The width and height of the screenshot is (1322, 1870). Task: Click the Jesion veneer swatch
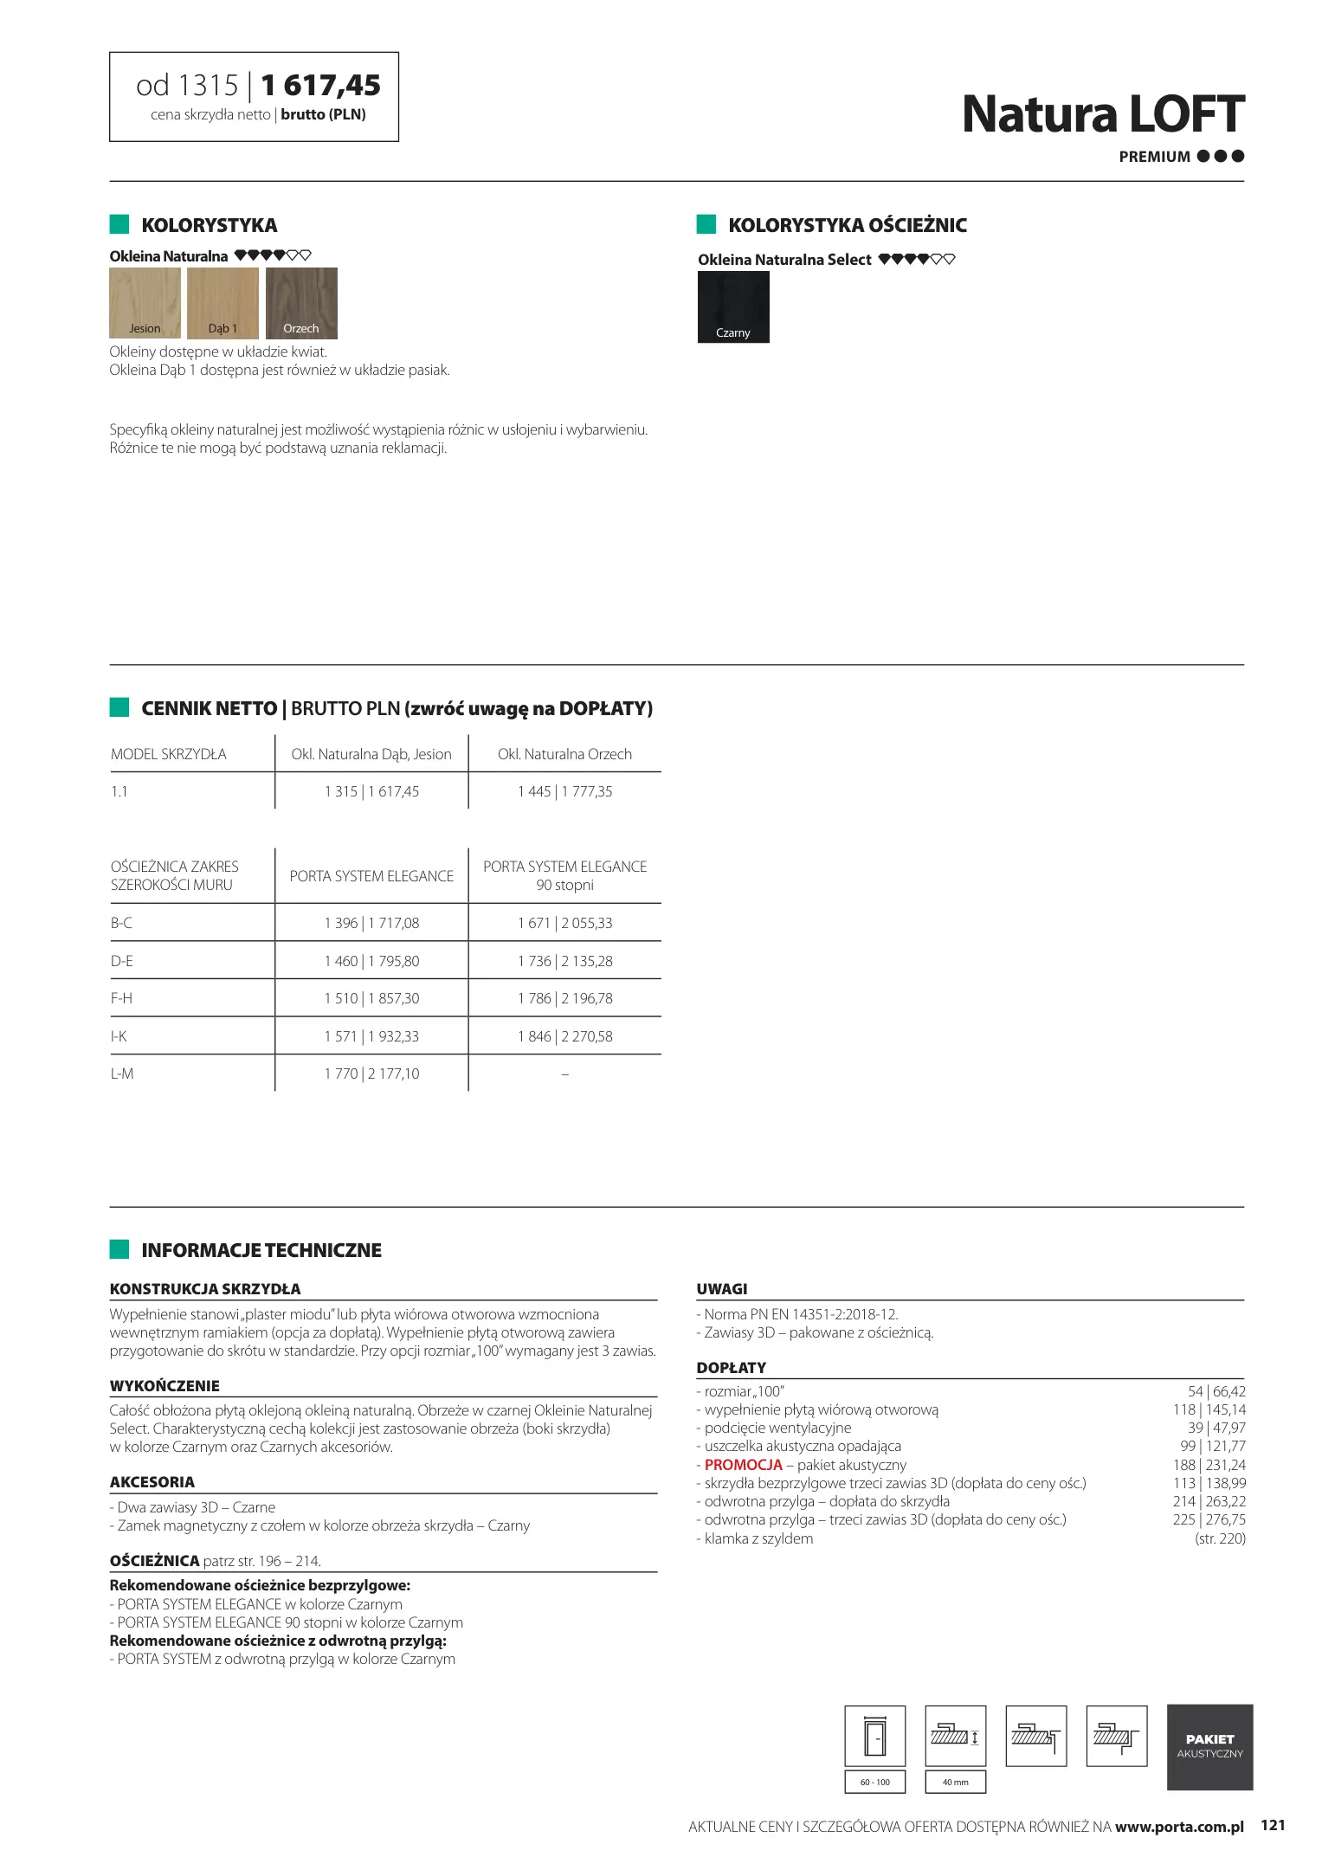[x=145, y=302]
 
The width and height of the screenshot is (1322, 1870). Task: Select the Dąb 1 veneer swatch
[x=222, y=302]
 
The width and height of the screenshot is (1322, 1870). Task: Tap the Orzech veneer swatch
[x=301, y=302]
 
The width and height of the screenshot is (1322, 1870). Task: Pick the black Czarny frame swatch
[x=733, y=306]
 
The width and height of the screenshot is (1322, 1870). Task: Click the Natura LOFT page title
[x=1102, y=114]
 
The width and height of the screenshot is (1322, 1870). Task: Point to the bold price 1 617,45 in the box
[x=320, y=86]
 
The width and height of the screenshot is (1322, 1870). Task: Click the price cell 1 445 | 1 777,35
[x=564, y=791]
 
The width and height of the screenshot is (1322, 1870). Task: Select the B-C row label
[x=122, y=923]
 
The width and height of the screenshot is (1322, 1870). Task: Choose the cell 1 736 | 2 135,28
[x=564, y=961]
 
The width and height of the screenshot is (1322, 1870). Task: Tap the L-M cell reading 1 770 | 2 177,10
[x=371, y=1074]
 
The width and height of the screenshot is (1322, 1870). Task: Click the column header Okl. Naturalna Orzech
[x=564, y=754]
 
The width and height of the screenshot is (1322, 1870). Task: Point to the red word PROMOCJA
[x=743, y=1465]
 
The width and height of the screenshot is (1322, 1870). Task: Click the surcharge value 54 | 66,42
[x=1216, y=1391]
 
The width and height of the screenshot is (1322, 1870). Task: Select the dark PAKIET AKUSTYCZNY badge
[x=1209, y=1746]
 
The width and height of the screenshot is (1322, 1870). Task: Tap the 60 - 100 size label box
[x=874, y=1782]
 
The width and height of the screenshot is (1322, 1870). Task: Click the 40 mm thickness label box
[x=955, y=1782]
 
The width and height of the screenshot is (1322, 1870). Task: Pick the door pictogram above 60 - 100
[x=874, y=1735]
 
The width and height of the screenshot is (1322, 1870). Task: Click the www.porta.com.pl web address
[x=1178, y=1827]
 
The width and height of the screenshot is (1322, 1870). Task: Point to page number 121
[x=1273, y=1825]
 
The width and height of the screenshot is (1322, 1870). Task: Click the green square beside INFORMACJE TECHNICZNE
[x=119, y=1249]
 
